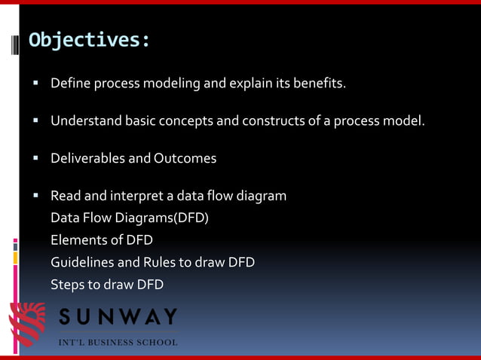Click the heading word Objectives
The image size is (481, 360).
click(89, 40)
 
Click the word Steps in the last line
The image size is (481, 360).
click(66, 285)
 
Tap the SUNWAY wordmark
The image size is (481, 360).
click(118, 316)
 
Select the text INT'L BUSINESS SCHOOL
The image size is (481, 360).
click(118, 343)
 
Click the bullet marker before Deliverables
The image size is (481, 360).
click(35, 158)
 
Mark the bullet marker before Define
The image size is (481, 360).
click(35, 83)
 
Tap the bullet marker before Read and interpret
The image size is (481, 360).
click(35, 196)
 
